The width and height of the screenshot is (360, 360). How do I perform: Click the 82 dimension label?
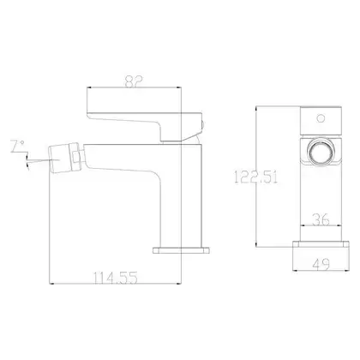pyautogui.click(x=134, y=81)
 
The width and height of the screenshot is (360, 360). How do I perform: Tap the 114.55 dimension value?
pyautogui.click(x=116, y=278)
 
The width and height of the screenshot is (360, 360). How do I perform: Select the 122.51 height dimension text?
pyautogui.click(x=255, y=177)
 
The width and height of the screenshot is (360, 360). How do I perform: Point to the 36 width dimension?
pyautogui.click(x=321, y=219)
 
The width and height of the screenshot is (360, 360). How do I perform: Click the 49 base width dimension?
pyautogui.click(x=321, y=264)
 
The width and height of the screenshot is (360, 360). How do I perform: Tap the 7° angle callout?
pyautogui.click(x=18, y=146)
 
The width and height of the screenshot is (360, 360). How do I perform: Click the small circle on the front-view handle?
pyautogui.click(x=321, y=118)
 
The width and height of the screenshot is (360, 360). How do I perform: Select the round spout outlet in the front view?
pyautogui.click(x=321, y=152)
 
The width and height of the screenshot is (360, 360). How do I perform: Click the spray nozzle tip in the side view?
pyautogui.click(x=60, y=159)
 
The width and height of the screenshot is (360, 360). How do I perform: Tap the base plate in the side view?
pyautogui.click(x=181, y=250)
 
